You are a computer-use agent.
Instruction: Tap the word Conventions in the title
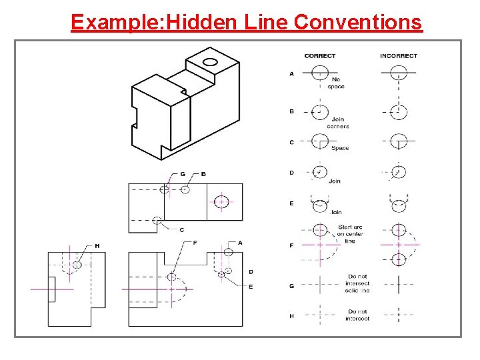[x=357, y=22]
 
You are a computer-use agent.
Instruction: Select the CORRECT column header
[x=320, y=56]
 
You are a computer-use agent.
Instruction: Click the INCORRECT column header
[x=398, y=56]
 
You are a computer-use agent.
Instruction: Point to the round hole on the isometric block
[x=210, y=63]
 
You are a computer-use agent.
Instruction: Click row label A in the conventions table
[x=291, y=74]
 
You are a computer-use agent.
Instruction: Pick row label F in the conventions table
[x=291, y=246]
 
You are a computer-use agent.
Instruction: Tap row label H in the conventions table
[x=291, y=316]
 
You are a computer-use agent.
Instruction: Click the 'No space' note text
[x=336, y=83]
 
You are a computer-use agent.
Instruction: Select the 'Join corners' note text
[x=337, y=123]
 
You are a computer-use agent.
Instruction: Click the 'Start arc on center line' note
[x=350, y=234]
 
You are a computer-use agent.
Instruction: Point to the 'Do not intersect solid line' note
[x=357, y=283]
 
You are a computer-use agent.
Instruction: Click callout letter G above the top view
[x=182, y=174]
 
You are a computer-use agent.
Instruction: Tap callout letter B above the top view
[x=203, y=174]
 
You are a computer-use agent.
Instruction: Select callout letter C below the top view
[x=181, y=229]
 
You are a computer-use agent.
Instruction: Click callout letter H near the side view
[x=97, y=246]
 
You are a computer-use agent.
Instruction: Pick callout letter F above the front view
[x=194, y=242]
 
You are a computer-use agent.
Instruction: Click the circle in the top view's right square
[x=223, y=201]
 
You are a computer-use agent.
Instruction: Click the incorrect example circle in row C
[x=398, y=142]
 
